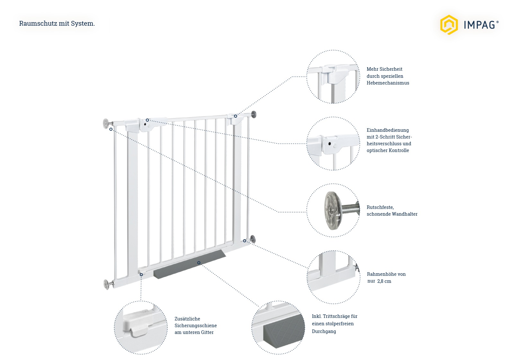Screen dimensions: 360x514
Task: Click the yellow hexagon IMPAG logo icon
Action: point(448,24)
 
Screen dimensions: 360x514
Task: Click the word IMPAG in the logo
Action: point(479,25)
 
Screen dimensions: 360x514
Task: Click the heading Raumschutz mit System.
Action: point(57,23)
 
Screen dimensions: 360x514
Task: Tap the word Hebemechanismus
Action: point(388,83)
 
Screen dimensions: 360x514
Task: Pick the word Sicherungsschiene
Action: point(195,326)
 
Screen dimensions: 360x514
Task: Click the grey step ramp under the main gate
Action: point(190,265)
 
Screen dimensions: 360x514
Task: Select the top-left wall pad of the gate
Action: point(106,124)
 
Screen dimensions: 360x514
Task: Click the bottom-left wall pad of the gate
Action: point(106,284)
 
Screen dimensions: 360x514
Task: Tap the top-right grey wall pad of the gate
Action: point(254,114)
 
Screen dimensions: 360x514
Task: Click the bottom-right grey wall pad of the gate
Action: point(253,239)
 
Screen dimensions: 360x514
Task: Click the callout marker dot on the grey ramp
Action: point(199,263)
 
